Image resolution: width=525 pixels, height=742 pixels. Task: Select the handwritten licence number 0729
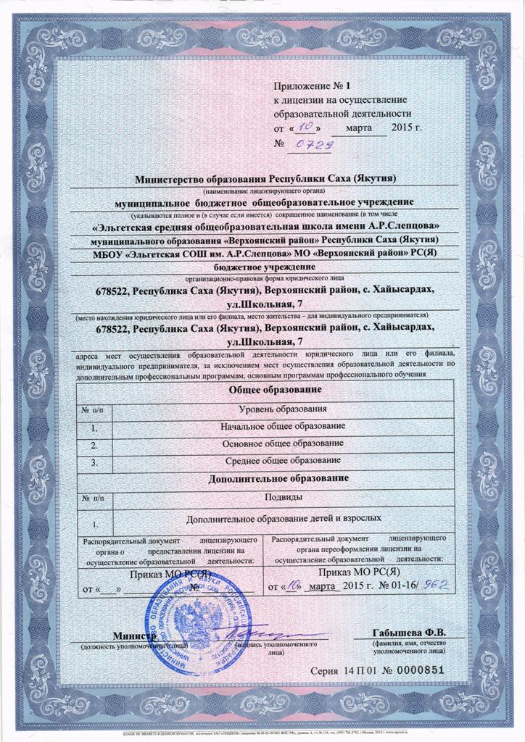point(310,145)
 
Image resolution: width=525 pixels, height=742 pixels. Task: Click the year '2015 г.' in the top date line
point(405,129)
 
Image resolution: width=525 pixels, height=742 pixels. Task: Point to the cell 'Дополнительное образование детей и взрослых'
point(282,519)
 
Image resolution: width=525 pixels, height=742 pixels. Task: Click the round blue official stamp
point(193,624)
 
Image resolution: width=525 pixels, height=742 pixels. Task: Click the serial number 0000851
point(417,670)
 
